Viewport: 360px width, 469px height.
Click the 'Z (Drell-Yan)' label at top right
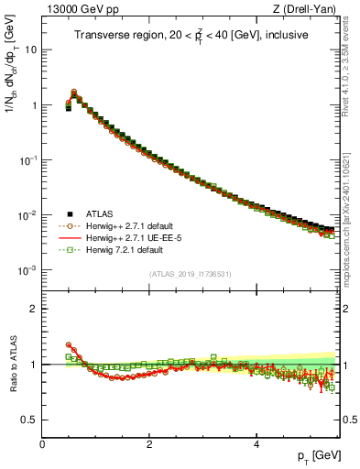[x=307, y=8]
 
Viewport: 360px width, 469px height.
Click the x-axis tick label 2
[x=149, y=443]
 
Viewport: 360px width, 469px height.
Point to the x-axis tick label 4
[x=256, y=443]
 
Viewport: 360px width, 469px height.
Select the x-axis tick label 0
[x=42, y=443]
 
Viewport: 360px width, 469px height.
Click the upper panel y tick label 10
[x=30, y=49]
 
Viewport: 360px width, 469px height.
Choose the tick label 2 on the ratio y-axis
[x=33, y=309]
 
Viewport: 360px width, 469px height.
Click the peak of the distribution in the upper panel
[x=74, y=92]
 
